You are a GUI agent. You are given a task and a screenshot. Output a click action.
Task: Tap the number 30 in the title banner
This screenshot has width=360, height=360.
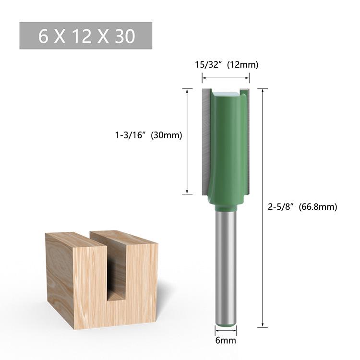pyautogui.click(x=125, y=36)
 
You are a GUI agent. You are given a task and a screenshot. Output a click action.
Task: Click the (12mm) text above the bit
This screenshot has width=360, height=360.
pyautogui.click(x=240, y=65)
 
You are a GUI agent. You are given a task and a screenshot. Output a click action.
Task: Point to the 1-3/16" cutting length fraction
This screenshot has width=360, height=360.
pyautogui.click(x=131, y=135)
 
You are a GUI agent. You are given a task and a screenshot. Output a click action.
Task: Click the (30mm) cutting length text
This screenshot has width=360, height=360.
pyautogui.click(x=166, y=135)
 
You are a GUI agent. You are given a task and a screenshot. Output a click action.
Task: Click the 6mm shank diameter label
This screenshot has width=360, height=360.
pyautogui.click(x=225, y=341)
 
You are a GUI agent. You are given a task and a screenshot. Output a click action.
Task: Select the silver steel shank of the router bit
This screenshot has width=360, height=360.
pyautogui.click(x=225, y=269)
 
